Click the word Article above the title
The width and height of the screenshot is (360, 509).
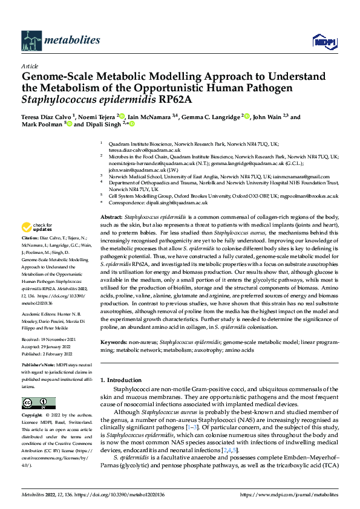click(x=30, y=66)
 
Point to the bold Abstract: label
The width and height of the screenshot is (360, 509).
click(x=112, y=216)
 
